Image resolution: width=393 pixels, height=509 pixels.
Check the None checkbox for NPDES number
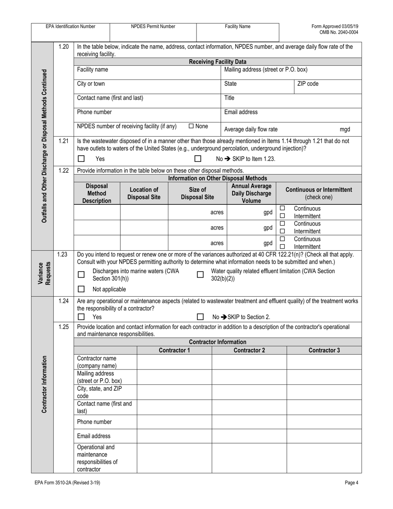point(191,126)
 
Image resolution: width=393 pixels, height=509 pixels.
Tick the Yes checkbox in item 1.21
point(81,158)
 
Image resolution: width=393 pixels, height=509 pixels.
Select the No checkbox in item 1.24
point(200,317)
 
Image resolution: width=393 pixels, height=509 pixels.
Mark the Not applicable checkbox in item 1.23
point(81,289)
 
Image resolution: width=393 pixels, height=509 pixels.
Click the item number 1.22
point(63,170)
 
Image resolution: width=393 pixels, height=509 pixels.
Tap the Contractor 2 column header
point(249,350)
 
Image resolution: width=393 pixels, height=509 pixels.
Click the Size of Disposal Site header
point(197,193)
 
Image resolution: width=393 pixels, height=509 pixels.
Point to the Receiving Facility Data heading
point(218,62)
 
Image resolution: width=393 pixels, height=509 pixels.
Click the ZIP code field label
point(308,84)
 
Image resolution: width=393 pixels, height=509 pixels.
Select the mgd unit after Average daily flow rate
point(345,129)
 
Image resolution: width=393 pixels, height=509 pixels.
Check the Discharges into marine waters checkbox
point(81,274)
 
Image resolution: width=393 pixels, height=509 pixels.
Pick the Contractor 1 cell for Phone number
point(174,422)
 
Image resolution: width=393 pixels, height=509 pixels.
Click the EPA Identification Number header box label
point(70,26)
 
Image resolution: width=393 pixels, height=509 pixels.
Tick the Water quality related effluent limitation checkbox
point(200,274)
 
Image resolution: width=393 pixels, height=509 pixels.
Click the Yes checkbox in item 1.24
point(81,317)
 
